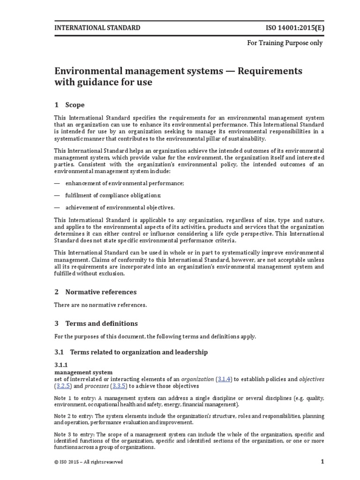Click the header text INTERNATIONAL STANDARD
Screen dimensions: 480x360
pyautogui.click(x=97, y=28)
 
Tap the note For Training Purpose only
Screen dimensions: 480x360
pyautogui.click(x=285, y=43)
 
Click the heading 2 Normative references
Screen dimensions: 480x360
pyautogui.click(x=96, y=292)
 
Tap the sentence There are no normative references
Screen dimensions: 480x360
pyautogui.click(x=101, y=306)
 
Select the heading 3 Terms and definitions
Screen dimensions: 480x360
pyautogui.click(x=96, y=323)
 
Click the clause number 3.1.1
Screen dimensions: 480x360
pyautogui.click(x=62, y=365)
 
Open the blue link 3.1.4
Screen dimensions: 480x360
pyautogui.click(x=225, y=379)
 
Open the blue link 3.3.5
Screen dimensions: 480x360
pyautogui.click(x=119, y=386)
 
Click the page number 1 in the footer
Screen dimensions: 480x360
pyautogui.click(x=322, y=462)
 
